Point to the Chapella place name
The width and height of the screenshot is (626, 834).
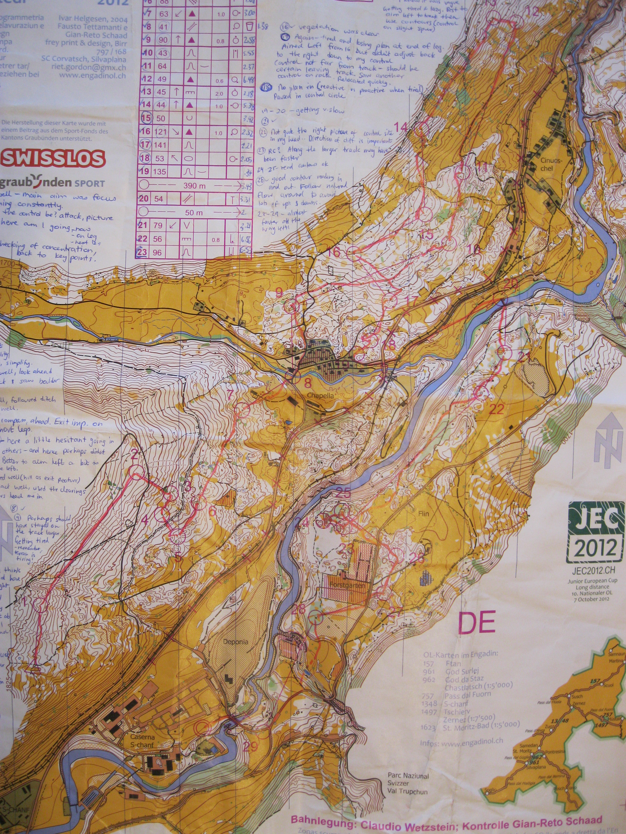319,396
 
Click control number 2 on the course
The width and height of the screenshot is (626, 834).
134,455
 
